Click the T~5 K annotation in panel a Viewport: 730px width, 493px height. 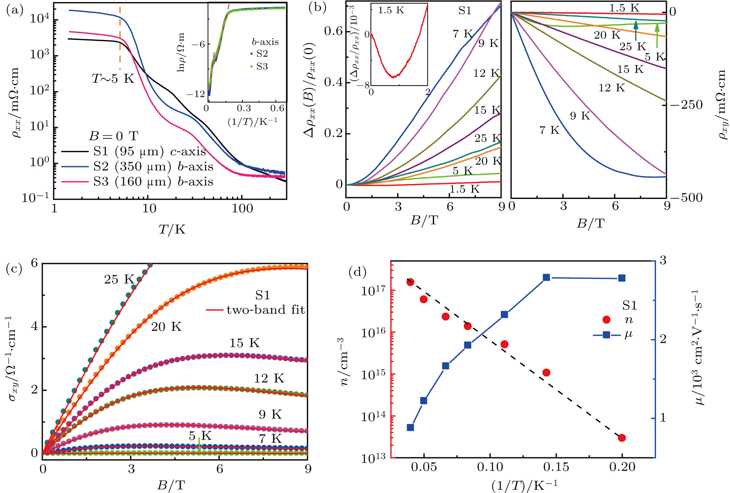tap(113, 79)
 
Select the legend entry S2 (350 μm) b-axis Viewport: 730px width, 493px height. tap(153, 167)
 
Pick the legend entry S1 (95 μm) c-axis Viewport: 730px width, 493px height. tap(149, 151)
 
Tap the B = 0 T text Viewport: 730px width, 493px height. tap(113, 136)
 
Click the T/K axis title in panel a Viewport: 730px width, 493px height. tap(171, 229)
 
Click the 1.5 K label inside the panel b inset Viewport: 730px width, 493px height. tap(390, 10)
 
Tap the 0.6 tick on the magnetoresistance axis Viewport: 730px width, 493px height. tap(333, 31)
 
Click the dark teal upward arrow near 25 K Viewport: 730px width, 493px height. tap(636, 31)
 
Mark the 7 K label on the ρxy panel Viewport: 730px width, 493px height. tap(549, 130)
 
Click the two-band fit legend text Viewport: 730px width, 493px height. tap(265, 310)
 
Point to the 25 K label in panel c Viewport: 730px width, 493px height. tap(119, 279)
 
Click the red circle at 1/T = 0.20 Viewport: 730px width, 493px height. tap(622, 438)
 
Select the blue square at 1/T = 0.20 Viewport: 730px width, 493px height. tap(622, 278)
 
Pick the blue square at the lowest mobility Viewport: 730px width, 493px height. tap(410, 428)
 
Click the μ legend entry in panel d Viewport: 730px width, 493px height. tap(628, 335)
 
